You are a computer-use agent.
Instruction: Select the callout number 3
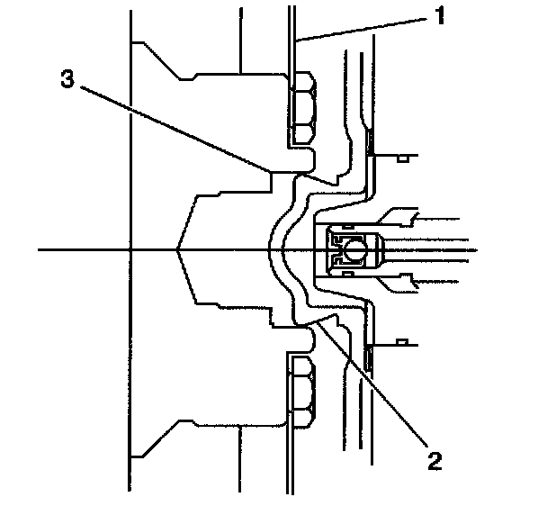(66, 80)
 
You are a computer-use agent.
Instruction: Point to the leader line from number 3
(171, 125)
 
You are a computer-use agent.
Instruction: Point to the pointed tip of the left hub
(178, 248)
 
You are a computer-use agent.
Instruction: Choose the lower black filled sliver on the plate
(370, 359)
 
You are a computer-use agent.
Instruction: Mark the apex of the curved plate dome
(271, 248)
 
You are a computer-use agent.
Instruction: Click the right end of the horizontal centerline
(475, 248)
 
